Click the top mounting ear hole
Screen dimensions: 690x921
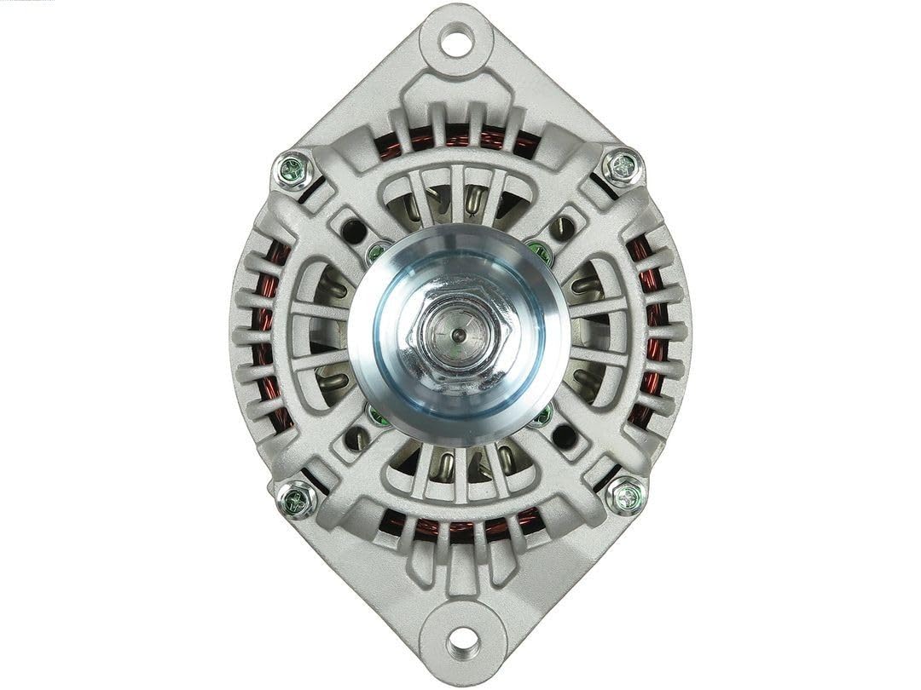(x=458, y=39)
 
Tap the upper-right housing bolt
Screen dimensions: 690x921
(x=622, y=165)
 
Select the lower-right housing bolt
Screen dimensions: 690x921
(x=627, y=494)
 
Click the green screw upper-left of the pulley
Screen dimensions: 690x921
(x=375, y=252)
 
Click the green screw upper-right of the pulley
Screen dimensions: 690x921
(x=539, y=250)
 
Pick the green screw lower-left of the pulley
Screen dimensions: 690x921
(x=377, y=416)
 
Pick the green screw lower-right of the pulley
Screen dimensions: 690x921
(x=541, y=415)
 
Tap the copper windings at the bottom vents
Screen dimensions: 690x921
(x=460, y=526)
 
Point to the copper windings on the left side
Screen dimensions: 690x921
(x=271, y=332)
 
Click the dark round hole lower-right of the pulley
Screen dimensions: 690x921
(x=564, y=437)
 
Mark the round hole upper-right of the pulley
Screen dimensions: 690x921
(x=563, y=227)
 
